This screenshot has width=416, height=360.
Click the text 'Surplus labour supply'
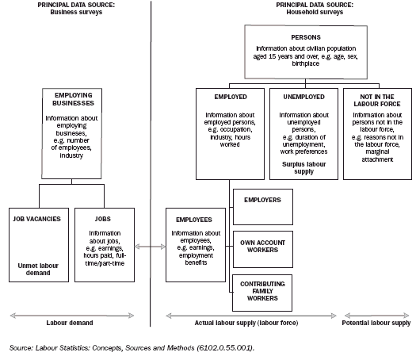click(303, 170)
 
